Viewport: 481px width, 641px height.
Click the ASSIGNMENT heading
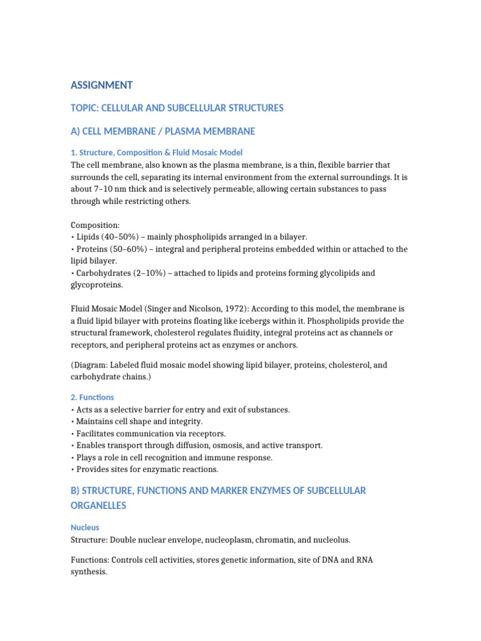(x=101, y=85)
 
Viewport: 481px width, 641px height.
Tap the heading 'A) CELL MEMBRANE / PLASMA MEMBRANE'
(x=163, y=131)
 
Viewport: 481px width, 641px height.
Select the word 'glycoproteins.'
(x=98, y=285)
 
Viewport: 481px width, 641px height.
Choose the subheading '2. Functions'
(x=92, y=397)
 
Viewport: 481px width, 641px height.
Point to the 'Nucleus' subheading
(x=85, y=528)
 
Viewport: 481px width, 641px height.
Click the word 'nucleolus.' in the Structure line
(x=329, y=540)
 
